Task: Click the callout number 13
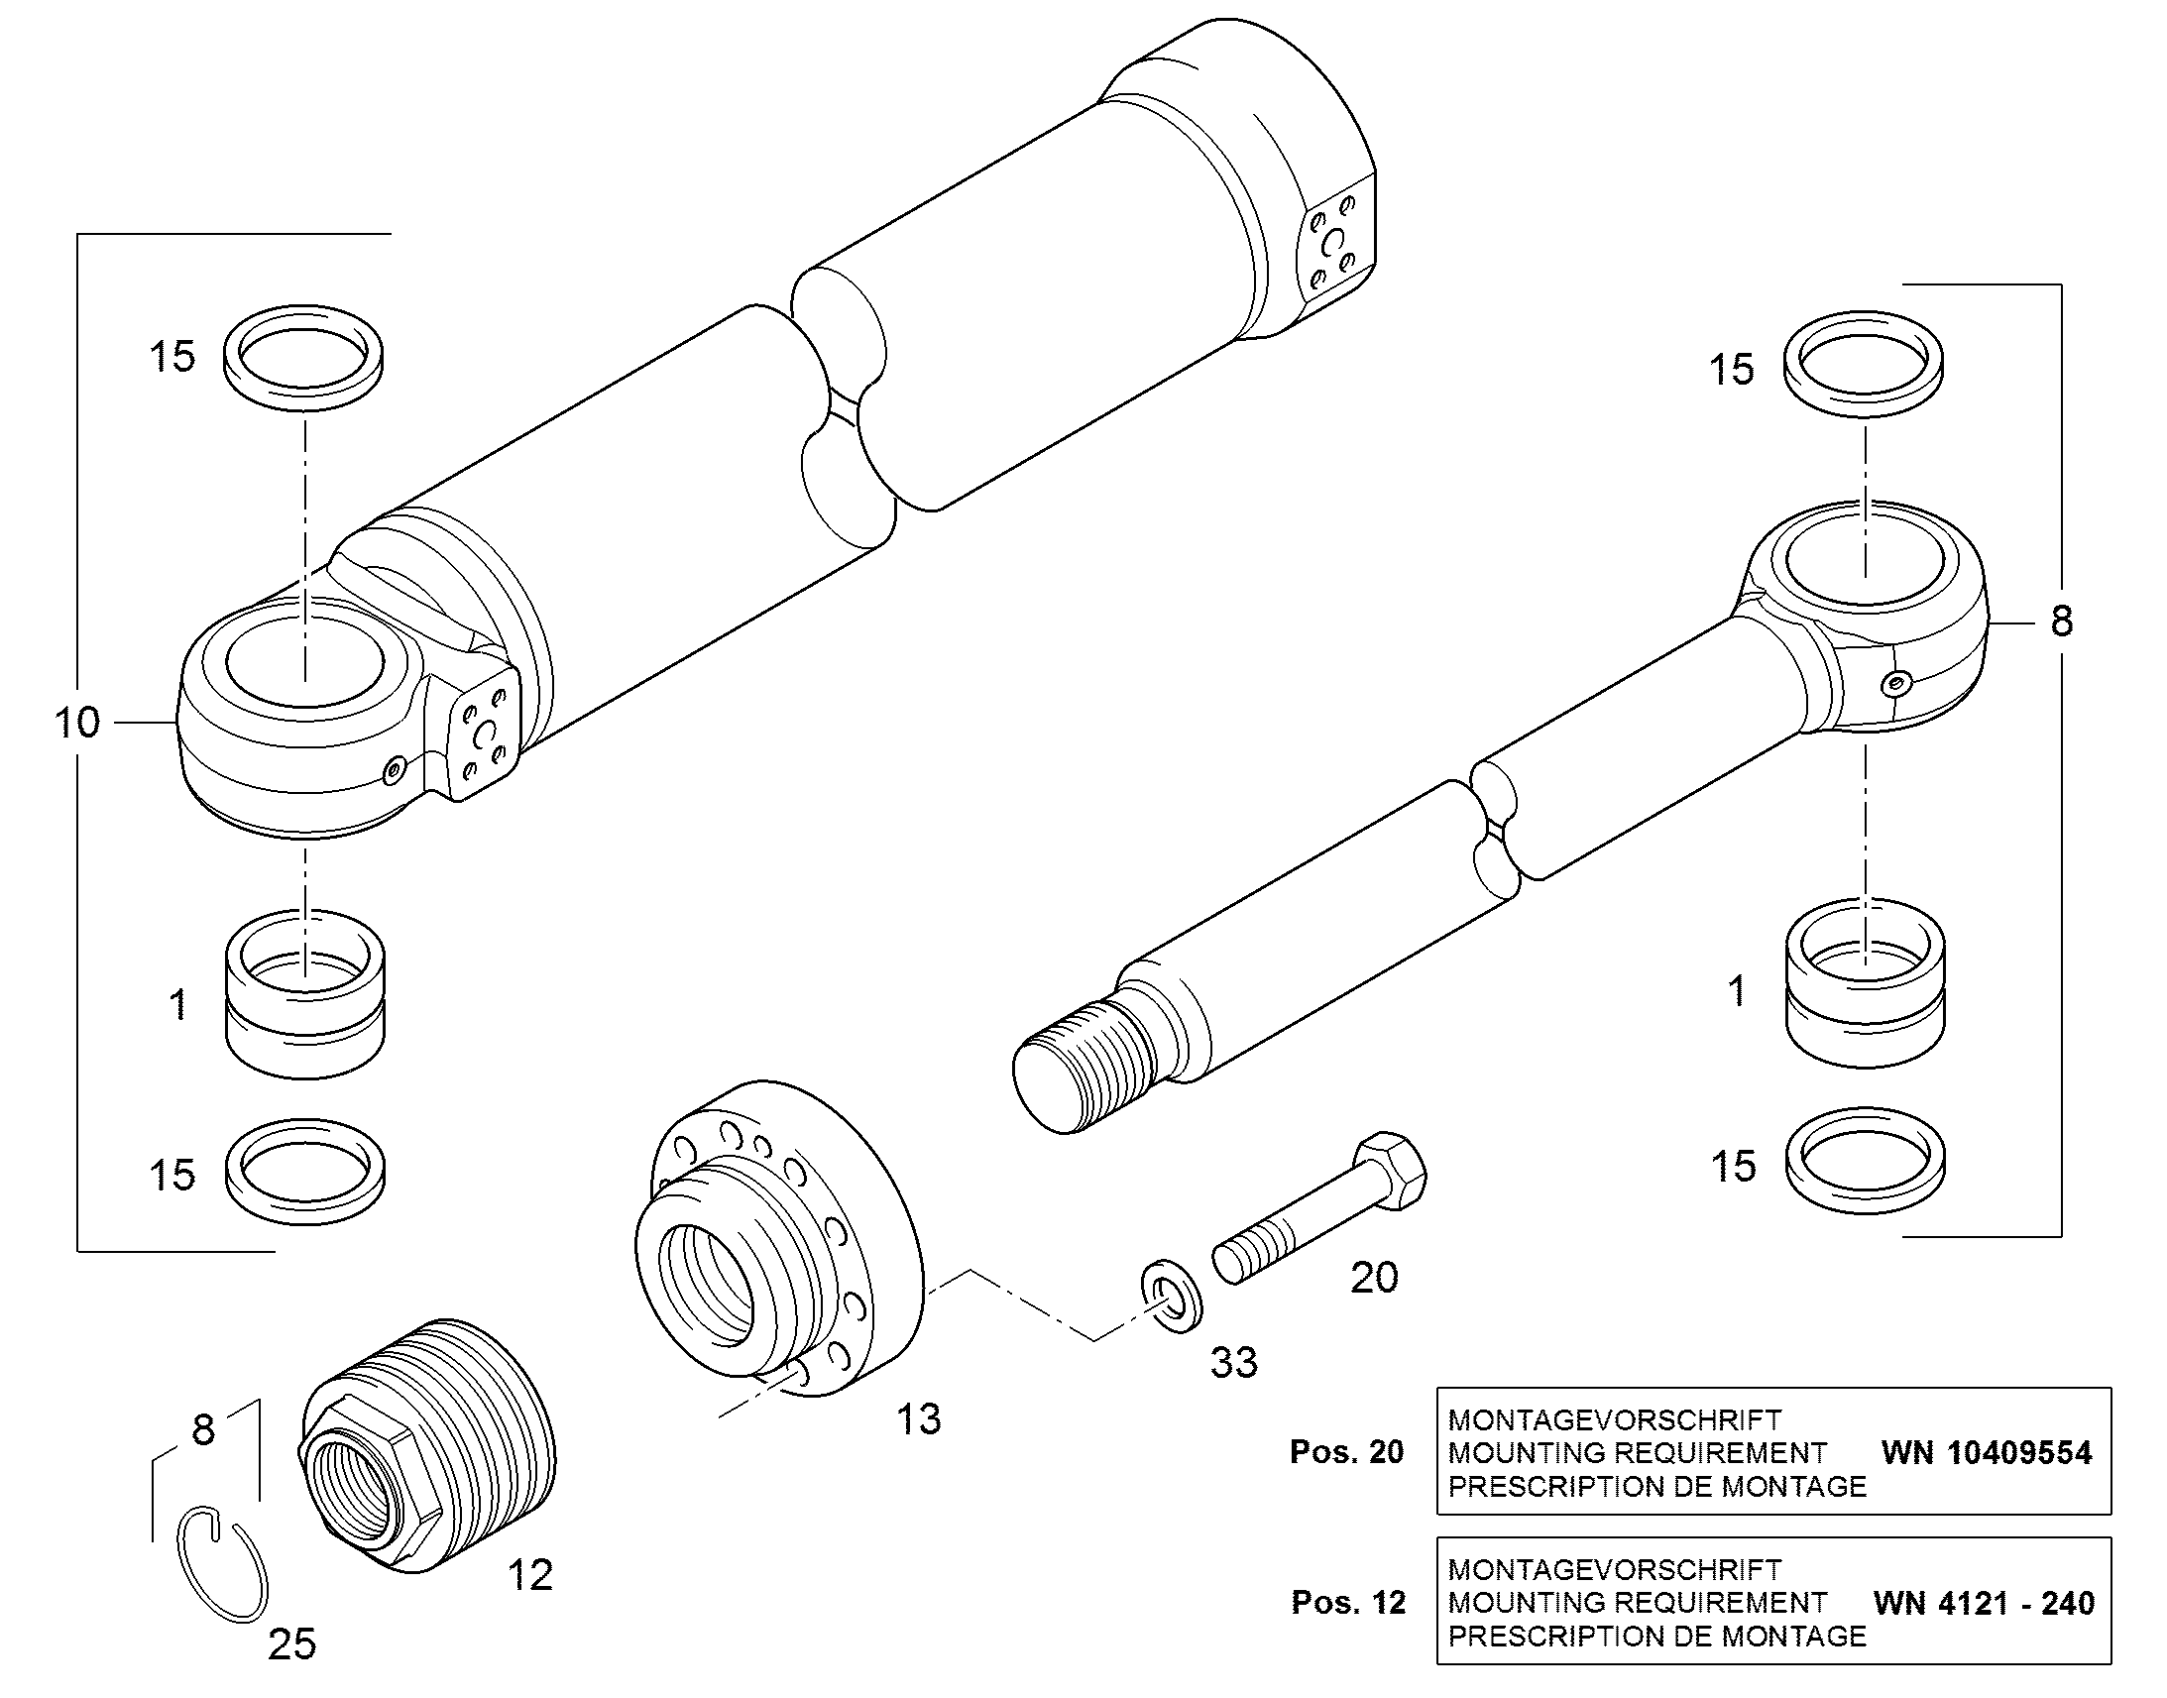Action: click(x=919, y=1419)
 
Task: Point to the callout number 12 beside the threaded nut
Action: click(x=529, y=1575)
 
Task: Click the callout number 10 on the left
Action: click(x=76, y=723)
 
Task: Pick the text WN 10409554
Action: click(x=1986, y=1453)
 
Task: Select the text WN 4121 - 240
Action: click(x=1984, y=1603)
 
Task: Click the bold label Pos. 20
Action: click(x=1347, y=1452)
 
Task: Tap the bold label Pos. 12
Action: click(x=1348, y=1603)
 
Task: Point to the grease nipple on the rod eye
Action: click(x=1898, y=682)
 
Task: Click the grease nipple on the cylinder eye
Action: click(x=397, y=768)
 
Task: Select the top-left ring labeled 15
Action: click(x=304, y=357)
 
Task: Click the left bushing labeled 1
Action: click(x=305, y=994)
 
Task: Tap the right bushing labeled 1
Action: click(x=1865, y=984)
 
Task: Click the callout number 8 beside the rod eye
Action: click(x=2062, y=622)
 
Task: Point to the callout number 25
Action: click(x=292, y=1644)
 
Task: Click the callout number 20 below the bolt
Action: click(x=1375, y=1279)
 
